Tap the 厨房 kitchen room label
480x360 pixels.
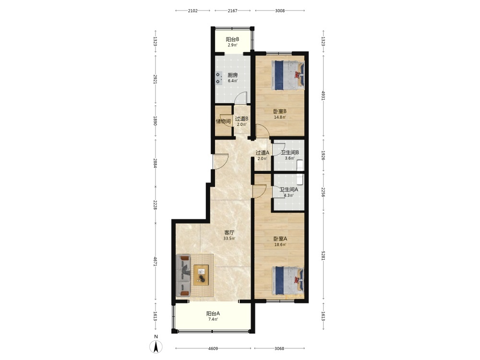tap(233, 75)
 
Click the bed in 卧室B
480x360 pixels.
tap(288, 75)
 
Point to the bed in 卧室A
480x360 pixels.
tap(288, 281)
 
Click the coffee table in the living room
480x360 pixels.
tap(201, 275)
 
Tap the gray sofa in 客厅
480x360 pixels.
tap(183, 276)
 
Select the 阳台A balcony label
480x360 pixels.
tap(213, 313)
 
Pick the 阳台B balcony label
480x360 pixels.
tap(232, 39)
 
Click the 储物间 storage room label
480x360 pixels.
tap(223, 121)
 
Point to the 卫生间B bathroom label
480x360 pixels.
tap(290, 153)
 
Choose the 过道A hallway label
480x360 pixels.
tap(263, 153)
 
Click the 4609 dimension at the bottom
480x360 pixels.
tap(213, 348)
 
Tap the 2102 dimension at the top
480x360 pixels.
tap(192, 11)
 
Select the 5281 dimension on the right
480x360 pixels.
tap(323, 256)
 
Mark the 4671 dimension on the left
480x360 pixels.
tap(156, 262)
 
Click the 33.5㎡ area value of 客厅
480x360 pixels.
tap(229, 239)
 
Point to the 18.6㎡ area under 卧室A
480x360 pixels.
tap(280, 245)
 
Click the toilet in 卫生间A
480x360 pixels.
tap(300, 180)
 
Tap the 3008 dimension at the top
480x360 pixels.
tap(280, 11)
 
